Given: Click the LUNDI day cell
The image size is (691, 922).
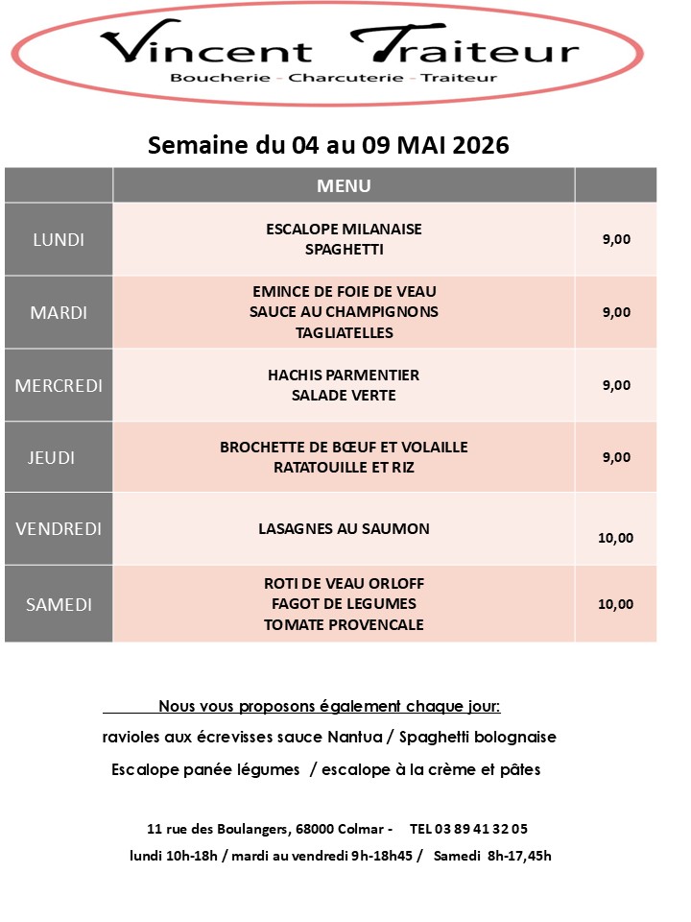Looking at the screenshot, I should (59, 239).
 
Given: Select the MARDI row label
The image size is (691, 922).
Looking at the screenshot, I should (59, 312).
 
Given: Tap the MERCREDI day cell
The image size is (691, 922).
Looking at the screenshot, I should (59, 385).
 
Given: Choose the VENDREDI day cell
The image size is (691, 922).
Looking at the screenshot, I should (59, 528).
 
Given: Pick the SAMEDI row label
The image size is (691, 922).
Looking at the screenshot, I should (59, 604).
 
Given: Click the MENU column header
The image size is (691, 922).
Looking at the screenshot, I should (344, 185).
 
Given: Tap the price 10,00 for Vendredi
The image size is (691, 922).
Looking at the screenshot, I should (615, 537).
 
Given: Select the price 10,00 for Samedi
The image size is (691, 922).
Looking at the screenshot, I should (615, 604).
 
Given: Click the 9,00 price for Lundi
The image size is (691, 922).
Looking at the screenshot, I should (616, 239).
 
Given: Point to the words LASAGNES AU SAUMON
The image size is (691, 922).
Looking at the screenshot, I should (344, 528).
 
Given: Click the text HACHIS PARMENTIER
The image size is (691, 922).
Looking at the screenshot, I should (344, 375).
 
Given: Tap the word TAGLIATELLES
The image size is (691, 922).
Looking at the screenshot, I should (344, 333).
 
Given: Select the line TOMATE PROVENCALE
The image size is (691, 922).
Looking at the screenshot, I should (344, 624).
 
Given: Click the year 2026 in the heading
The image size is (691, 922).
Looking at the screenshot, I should (477, 145).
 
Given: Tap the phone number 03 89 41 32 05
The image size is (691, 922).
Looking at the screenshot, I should (483, 828).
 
